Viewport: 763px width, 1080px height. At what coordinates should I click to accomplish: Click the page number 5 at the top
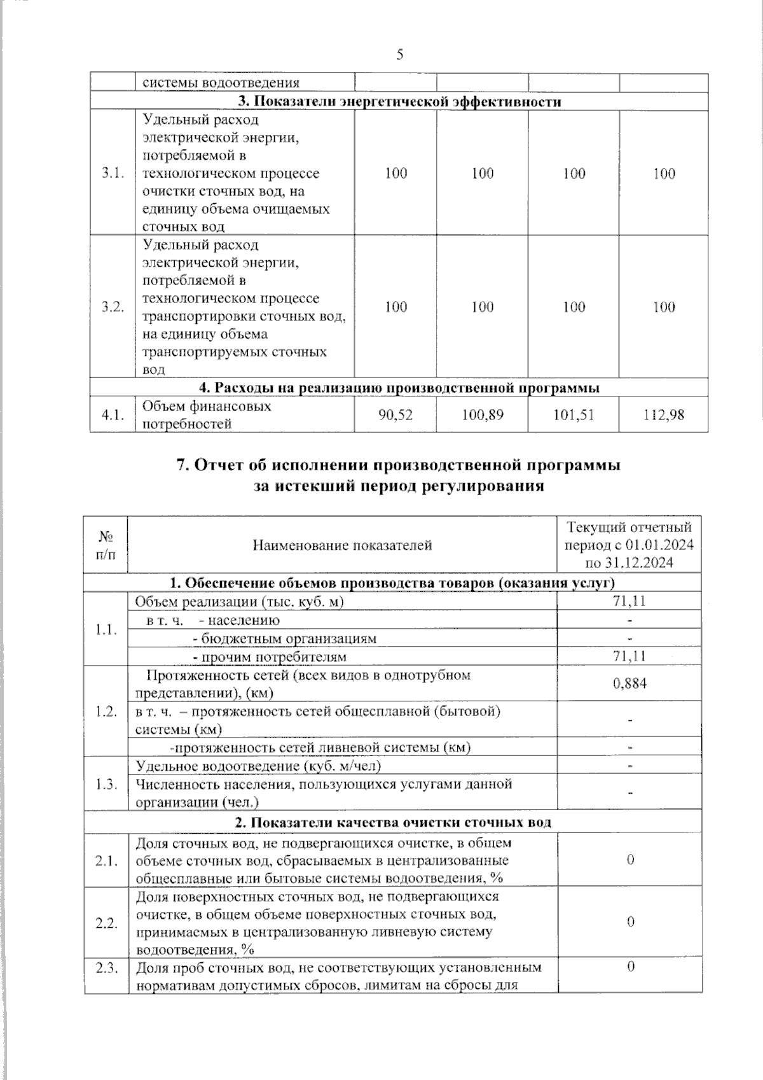399,55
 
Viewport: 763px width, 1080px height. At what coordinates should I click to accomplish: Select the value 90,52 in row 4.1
395,415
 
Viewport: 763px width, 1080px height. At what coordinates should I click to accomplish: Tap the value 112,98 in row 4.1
664,415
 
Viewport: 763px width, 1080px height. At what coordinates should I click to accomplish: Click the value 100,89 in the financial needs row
482,415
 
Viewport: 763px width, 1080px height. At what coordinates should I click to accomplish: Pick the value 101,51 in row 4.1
574,415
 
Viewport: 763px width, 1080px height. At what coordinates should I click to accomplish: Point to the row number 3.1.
112,173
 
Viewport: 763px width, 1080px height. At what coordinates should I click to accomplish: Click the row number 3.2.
112,307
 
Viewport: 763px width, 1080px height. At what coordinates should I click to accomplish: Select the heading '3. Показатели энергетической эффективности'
399,102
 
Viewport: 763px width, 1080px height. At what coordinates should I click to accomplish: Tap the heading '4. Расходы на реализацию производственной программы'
399,388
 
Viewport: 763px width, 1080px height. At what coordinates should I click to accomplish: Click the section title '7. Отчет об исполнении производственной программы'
398,465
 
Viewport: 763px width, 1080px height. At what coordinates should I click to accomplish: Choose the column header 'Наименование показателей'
342,545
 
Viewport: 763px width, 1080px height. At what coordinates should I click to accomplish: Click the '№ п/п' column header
106,545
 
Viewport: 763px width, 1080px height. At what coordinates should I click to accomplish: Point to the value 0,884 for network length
629,684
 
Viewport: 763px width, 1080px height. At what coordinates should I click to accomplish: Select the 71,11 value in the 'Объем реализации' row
629,601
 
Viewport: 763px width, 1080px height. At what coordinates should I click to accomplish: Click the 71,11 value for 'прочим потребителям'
629,657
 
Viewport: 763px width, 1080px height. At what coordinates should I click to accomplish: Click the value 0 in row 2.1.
630,860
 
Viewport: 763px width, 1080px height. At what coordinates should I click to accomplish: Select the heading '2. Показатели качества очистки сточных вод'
393,822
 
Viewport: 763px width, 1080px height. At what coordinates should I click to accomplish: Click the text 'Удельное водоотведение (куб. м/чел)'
258,766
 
